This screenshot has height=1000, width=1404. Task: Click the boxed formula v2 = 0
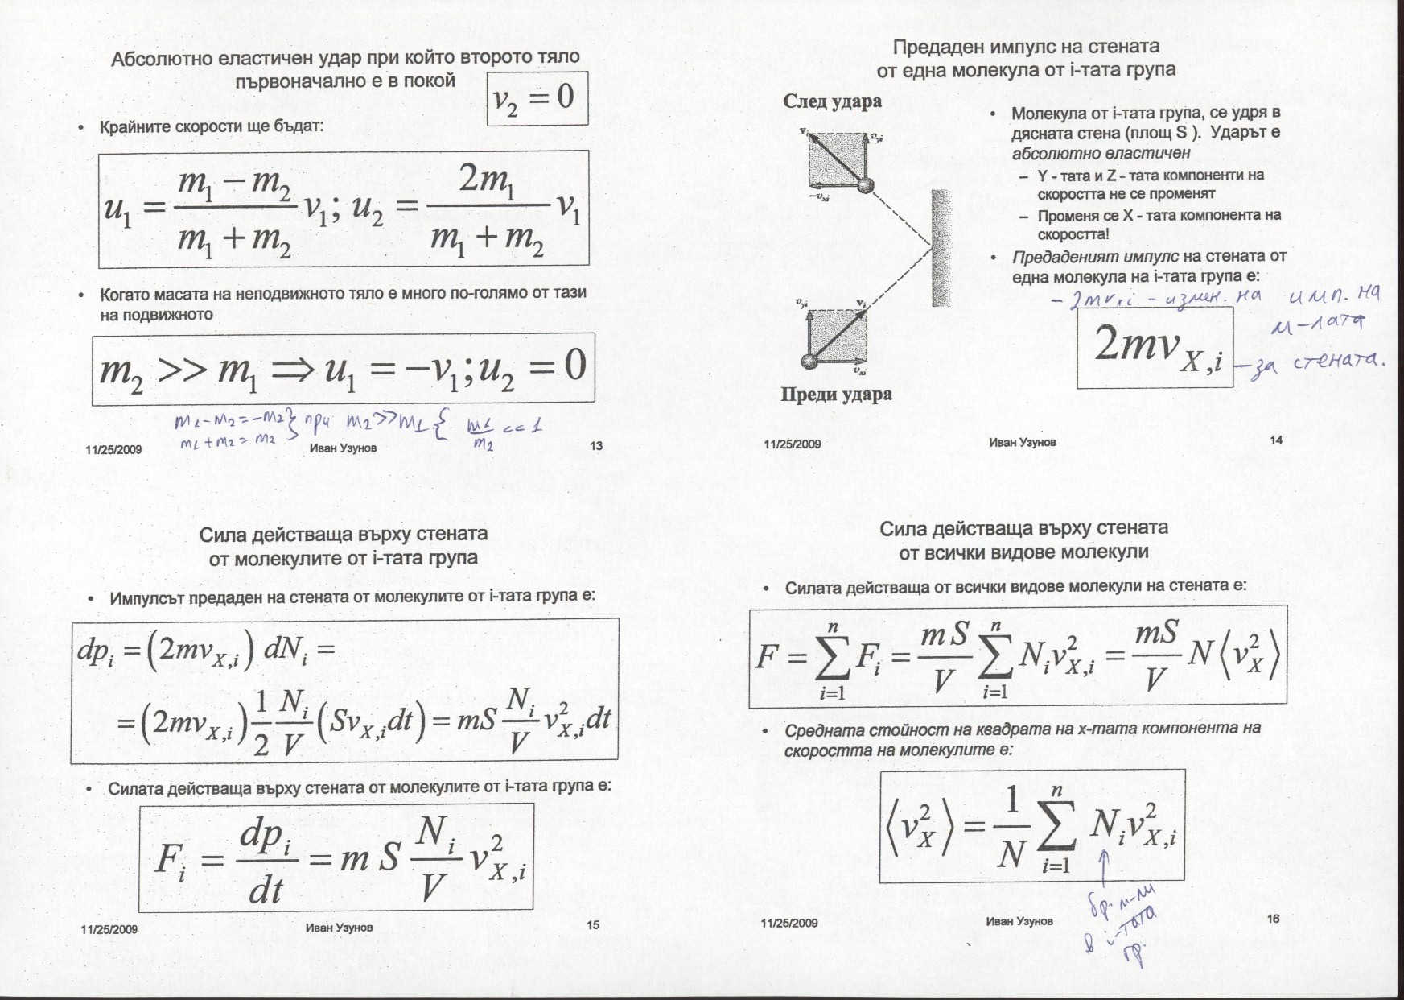click(x=537, y=98)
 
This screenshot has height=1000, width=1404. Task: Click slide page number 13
click(x=596, y=445)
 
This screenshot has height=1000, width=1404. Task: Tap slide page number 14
click(x=1276, y=440)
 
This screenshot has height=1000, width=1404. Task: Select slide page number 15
click(x=592, y=925)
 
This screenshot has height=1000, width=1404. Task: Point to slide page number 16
click(x=1273, y=919)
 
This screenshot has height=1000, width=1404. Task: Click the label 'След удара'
click(x=832, y=101)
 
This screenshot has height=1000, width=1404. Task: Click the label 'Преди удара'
click(x=837, y=395)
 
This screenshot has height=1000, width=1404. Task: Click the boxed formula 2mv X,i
click(x=1155, y=348)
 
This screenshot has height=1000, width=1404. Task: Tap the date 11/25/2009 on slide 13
click(x=113, y=449)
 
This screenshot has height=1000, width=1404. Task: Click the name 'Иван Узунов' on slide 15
click(x=339, y=927)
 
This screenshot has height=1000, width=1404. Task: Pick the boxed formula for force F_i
click(x=336, y=857)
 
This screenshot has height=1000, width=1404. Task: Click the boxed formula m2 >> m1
click(x=343, y=368)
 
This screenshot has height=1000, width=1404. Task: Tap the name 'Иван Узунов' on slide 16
click(x=1019, y=921)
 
